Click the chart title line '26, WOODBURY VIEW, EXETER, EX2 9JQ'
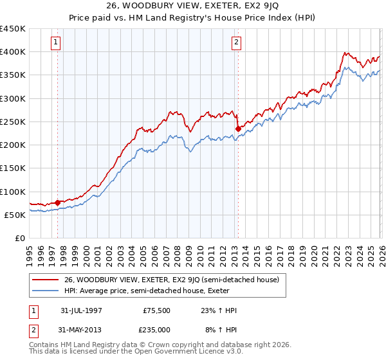pos(193,6)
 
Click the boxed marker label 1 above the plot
pos(56,43)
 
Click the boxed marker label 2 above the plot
pos(237,43)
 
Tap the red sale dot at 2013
pos(237,129)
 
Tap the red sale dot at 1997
pos(58,203)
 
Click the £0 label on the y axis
pos(19,238)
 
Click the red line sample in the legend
pos(46,280)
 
